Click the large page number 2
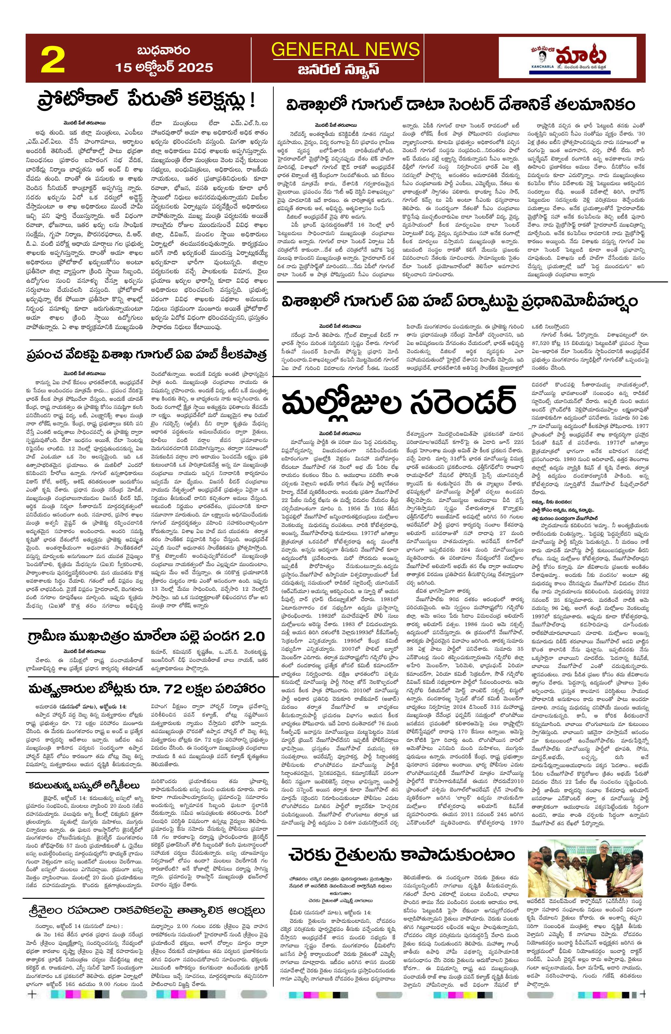pyautogui.click(x=53, y=60)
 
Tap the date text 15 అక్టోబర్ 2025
pyautogui.click(x=164, y=68)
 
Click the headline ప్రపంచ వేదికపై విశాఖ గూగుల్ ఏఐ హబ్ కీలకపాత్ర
pyautogui.click(x=145, y=354)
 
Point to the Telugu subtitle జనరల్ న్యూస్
pyautogui.click(x=345, y=69)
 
